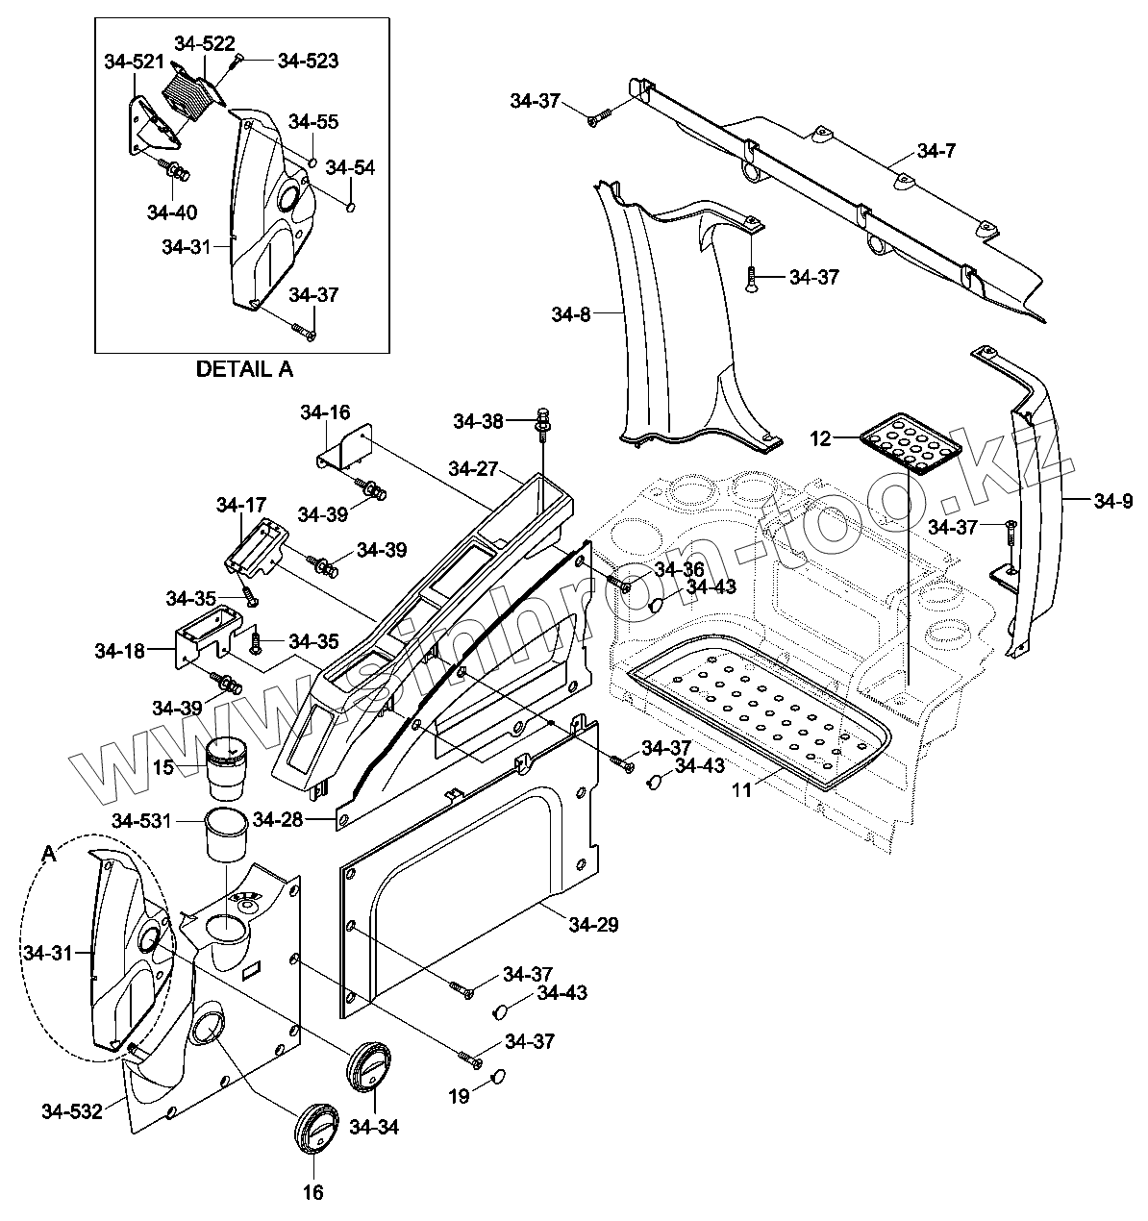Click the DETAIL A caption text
point(244,369)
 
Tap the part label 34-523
point(308,61)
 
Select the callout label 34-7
point(936,151)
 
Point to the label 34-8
point(570,314)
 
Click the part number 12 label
point(820,438)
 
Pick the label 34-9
point(1113,502)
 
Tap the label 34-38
point(478,422)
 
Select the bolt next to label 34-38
point(544,424)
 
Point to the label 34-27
point(473,469)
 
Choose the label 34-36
point(679,569)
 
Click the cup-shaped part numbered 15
point(225,767)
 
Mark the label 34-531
point(141,821)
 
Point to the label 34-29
point(593,925)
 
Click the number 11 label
point(741,790)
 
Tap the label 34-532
point(72,1111)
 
